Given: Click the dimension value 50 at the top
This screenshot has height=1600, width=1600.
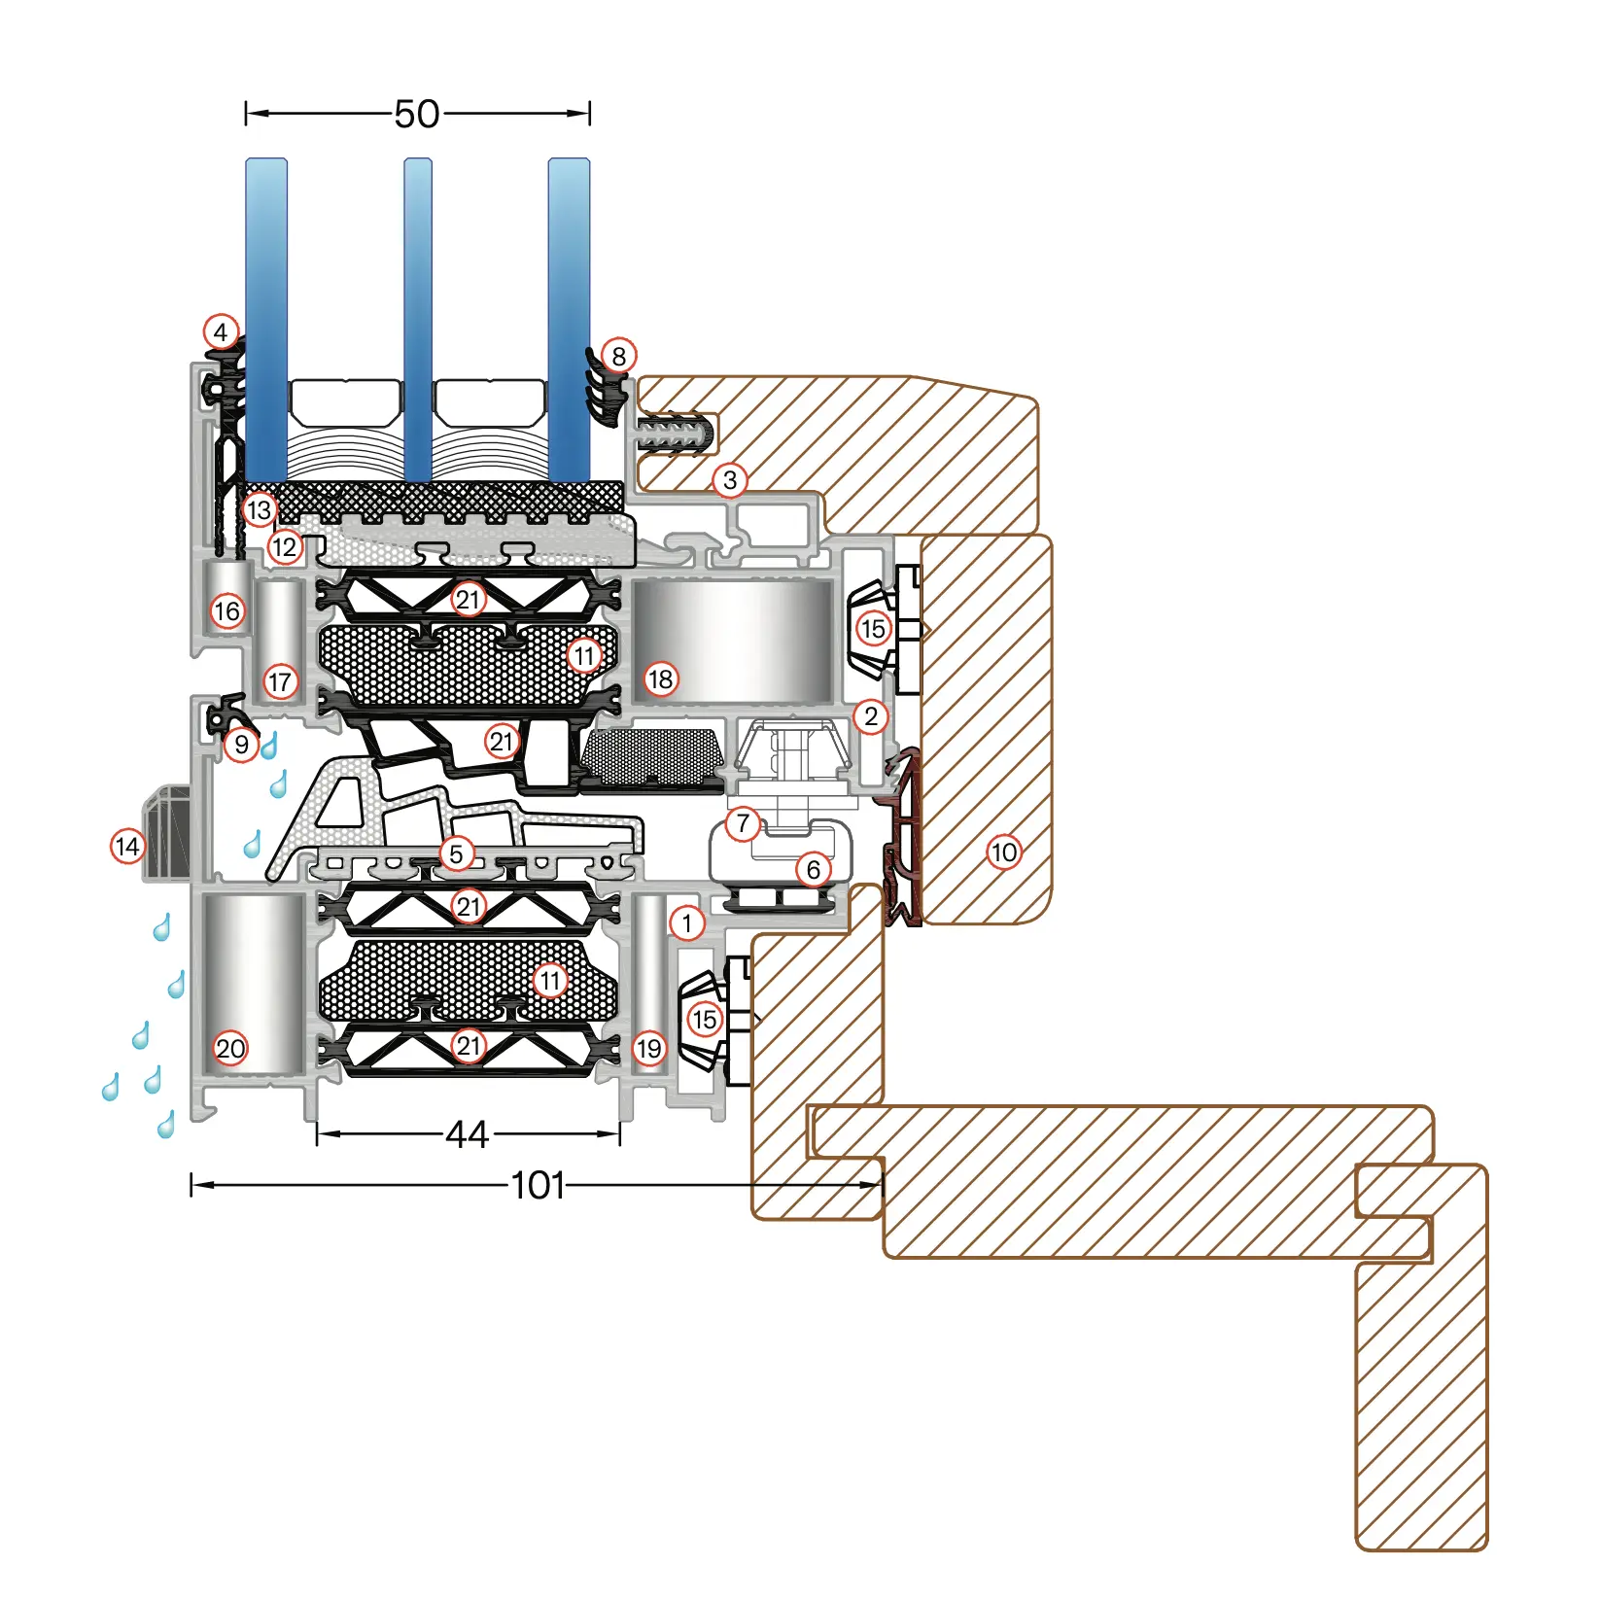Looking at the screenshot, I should click(x=417, y=115).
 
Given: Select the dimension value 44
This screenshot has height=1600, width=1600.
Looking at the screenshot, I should click(x=467, y=1133).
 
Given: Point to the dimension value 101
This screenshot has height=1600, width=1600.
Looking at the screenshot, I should click(x=538, y=1185).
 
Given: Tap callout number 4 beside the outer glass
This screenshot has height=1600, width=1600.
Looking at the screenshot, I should click(x=221, y=332).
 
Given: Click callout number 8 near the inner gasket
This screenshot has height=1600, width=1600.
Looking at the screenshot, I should click(x=618, y=356).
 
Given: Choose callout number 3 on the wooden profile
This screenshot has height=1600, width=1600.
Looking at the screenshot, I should click(x=730, y=479).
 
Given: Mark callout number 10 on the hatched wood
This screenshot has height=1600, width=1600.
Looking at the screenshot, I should click(x=1003, y=852).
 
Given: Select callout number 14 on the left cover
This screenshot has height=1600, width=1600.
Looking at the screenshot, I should click(x=127, y=846).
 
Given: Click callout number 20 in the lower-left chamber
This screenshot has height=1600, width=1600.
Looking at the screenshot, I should click(x=230, y=1048).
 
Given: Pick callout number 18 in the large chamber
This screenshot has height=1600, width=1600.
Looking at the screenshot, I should click(x=660, y=678).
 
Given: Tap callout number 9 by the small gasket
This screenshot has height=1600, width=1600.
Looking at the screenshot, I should click(x=241, y=745).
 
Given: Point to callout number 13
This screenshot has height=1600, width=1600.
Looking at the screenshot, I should click(x=259, y=509).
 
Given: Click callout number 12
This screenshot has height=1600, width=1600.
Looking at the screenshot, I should click(x=284, y=547).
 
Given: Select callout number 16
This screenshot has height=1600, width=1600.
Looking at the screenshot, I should click(x=226, y=611).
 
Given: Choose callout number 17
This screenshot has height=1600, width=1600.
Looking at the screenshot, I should click(x=280, y=681).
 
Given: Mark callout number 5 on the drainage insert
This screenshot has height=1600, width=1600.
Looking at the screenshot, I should click(x=456, y=853).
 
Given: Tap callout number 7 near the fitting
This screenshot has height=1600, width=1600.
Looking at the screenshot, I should click(x=743, y=823).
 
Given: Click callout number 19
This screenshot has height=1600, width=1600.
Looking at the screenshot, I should click(x=648, y=1048).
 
